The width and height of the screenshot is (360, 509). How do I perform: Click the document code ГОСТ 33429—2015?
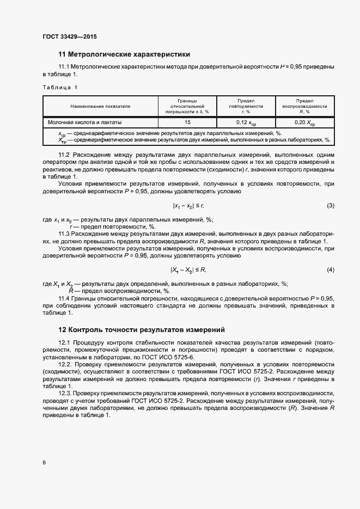pos(70,37)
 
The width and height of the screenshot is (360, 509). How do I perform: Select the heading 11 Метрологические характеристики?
pos(124,54)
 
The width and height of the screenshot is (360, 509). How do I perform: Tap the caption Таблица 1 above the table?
pos(60,87)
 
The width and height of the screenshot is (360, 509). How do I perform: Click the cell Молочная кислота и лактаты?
pos(85,122)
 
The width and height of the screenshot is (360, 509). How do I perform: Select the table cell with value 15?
pos(187,122)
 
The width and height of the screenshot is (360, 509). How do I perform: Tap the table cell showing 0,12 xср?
pos(246,123)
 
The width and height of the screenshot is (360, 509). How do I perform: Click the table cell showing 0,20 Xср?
pos(304,123)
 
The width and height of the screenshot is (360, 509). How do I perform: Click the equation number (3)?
pos(330,205)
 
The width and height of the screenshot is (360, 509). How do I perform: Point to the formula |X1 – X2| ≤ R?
pos(188,270)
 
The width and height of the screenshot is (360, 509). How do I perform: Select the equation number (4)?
pos(330,270)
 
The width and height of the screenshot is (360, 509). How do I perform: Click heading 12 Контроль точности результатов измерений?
pos(141,330)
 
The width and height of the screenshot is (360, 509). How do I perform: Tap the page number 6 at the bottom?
pos(44,462)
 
